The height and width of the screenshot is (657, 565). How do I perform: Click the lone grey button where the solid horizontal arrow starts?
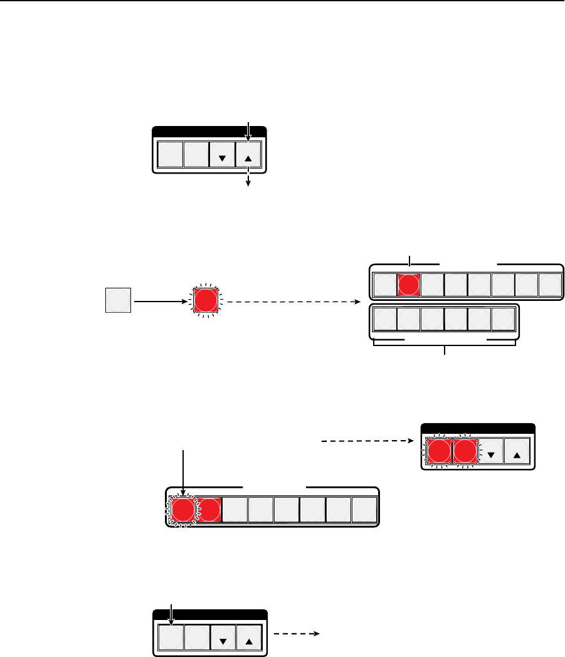(119, 300)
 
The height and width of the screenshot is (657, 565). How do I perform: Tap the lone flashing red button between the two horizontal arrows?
(206, 301)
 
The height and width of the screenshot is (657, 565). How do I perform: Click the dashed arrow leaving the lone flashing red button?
(295, 301)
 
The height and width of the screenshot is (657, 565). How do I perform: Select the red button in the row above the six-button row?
(409, 285)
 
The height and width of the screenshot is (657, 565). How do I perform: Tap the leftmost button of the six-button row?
(385, 320)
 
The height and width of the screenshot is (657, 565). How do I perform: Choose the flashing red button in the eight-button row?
(183, 511)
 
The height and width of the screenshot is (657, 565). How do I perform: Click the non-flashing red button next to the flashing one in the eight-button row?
(209, 511)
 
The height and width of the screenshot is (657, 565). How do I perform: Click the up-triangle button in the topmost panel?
(248, 155)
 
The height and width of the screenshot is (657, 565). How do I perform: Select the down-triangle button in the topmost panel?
(222, 155)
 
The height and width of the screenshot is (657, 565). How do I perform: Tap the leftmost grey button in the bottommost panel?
(170, 637)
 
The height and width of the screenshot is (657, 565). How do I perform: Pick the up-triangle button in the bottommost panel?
(248, 637)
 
